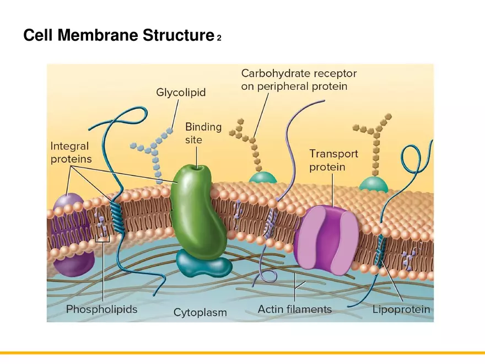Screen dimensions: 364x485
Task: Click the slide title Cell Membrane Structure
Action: click(x=118, y=35)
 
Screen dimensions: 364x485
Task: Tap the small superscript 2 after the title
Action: click(x=219, y=38)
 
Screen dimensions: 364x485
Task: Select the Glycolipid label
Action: click(x=181, y=93)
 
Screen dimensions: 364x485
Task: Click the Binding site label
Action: click(x=203, y=133)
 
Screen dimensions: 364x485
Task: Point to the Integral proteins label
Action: click(x=71, y=152)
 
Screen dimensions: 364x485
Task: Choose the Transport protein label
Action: click(x=333, y=160)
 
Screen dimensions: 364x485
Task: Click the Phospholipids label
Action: click(x=101, y=309)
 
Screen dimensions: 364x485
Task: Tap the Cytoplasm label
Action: click(x=200, y=312)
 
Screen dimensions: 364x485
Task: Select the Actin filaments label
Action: click(x=295, y=309)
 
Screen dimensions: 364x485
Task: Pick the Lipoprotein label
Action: click(x=401, y=309)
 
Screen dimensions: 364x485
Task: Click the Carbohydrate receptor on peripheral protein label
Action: click(x=299, y=79)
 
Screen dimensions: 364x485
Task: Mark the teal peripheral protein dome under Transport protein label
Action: click(x=374, y=184)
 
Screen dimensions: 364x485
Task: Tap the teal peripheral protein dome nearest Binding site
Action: click(x=262, y=177)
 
